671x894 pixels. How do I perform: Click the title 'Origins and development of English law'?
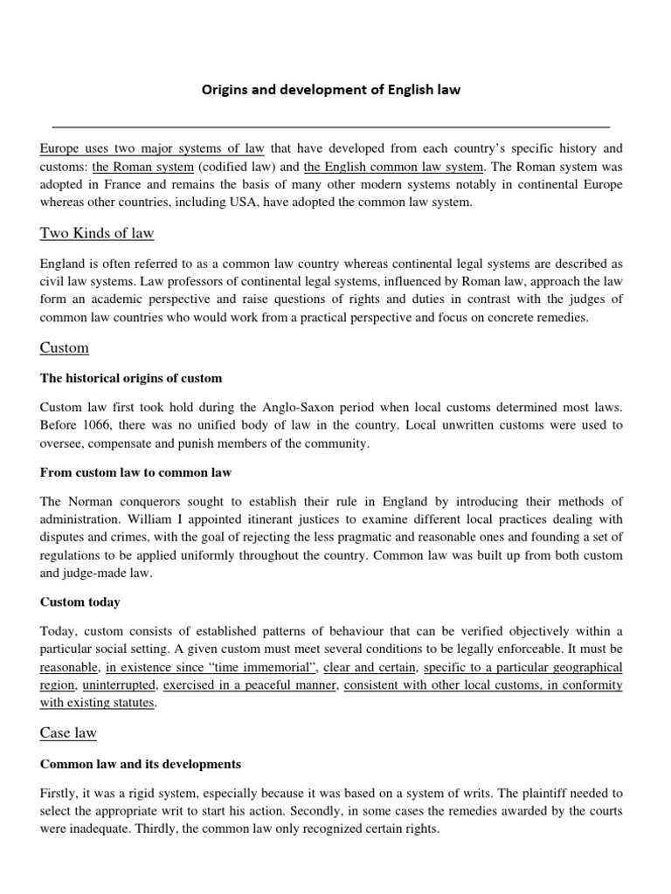coord(330,89)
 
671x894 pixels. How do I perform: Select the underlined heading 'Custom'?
coord(65,347)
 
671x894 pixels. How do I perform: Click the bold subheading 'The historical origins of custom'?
coord(131,378)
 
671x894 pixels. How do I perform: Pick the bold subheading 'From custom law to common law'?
coord(135,472)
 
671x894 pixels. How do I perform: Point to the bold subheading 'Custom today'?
coord(80,602)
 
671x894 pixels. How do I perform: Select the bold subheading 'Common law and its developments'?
coord(141,764)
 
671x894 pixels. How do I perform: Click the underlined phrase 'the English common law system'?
coord(393,167)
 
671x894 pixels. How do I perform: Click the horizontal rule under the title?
coord(330,126)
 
